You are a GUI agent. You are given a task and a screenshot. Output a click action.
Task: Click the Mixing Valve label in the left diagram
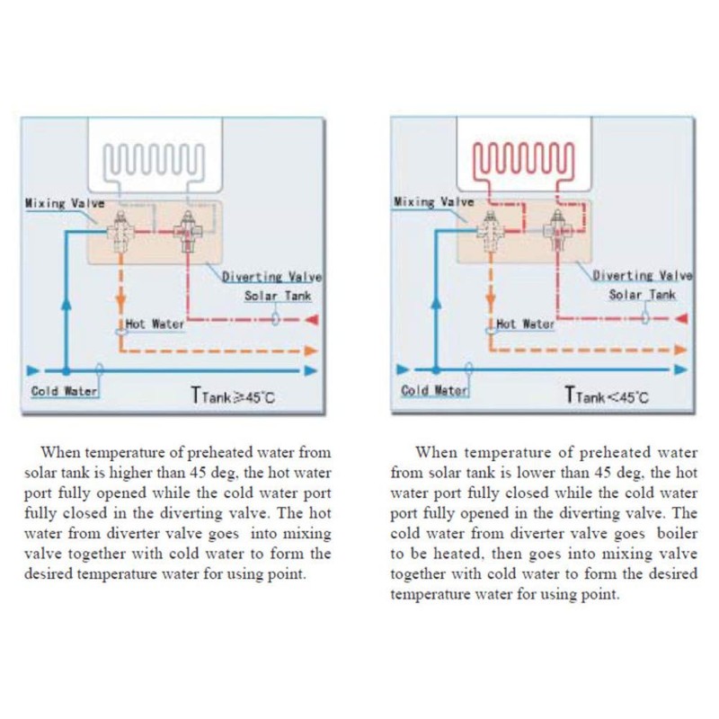[x=65, y=204]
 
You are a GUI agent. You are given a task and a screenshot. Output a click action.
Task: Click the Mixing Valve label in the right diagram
[x=434, y=202]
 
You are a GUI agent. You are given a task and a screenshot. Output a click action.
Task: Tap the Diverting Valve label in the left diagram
[x=272, y=277]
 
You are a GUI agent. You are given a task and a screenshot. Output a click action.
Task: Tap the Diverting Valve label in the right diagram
[x=642, y=276]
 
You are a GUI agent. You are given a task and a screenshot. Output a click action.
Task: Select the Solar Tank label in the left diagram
[x=278, y=296]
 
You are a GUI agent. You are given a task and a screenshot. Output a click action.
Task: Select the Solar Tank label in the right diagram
[x=642, y=295]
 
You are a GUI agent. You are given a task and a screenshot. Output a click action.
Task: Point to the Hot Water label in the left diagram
[x=155, y=324]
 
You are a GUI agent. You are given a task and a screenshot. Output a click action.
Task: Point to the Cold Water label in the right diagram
[x=434, y=390]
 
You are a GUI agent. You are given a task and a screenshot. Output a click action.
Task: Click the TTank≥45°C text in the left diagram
[x=233, y=395]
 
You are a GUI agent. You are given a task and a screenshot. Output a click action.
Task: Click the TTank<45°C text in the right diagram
[x=608, y=395]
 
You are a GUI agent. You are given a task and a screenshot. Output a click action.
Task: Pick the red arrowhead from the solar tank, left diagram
[x=312, y=320]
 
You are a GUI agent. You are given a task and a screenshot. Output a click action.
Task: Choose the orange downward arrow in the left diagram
[x=120, y=299]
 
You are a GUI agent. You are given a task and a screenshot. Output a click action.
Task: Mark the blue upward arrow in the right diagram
[x=436, y=304]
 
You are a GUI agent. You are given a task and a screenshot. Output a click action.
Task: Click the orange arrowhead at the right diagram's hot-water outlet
[x=680, y=350]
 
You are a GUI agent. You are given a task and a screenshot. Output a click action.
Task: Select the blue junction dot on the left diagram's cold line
[x=67, y=370]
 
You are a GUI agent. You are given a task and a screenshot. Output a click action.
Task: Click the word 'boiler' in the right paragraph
[x=678, y=534]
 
